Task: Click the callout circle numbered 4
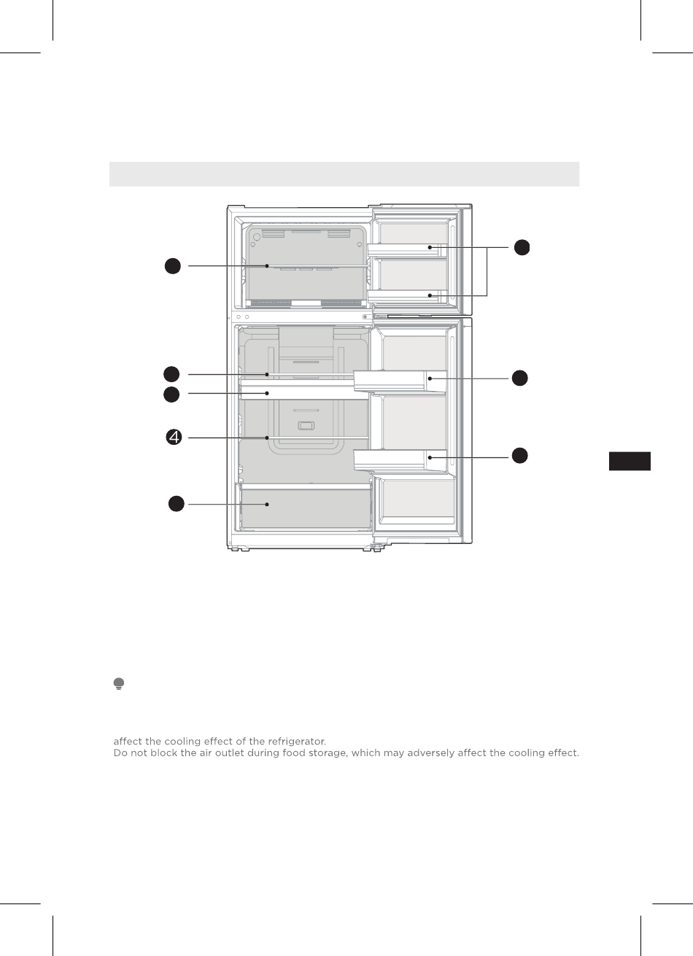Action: coord(173,438)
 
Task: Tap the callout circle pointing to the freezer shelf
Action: coord(172,267)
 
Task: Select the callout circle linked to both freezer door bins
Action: coord(521,247)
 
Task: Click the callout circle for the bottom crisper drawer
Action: coord(176,504)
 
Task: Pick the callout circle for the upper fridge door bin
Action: coord(519,378)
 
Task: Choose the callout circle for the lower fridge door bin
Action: coord(519,456)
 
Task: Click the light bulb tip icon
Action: coord(118,683)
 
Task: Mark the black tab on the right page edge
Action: coord(630,462)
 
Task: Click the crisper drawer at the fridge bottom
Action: coord(306,508)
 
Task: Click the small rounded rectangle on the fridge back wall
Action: coord(306,426)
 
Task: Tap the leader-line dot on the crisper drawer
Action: coord(268,504)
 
